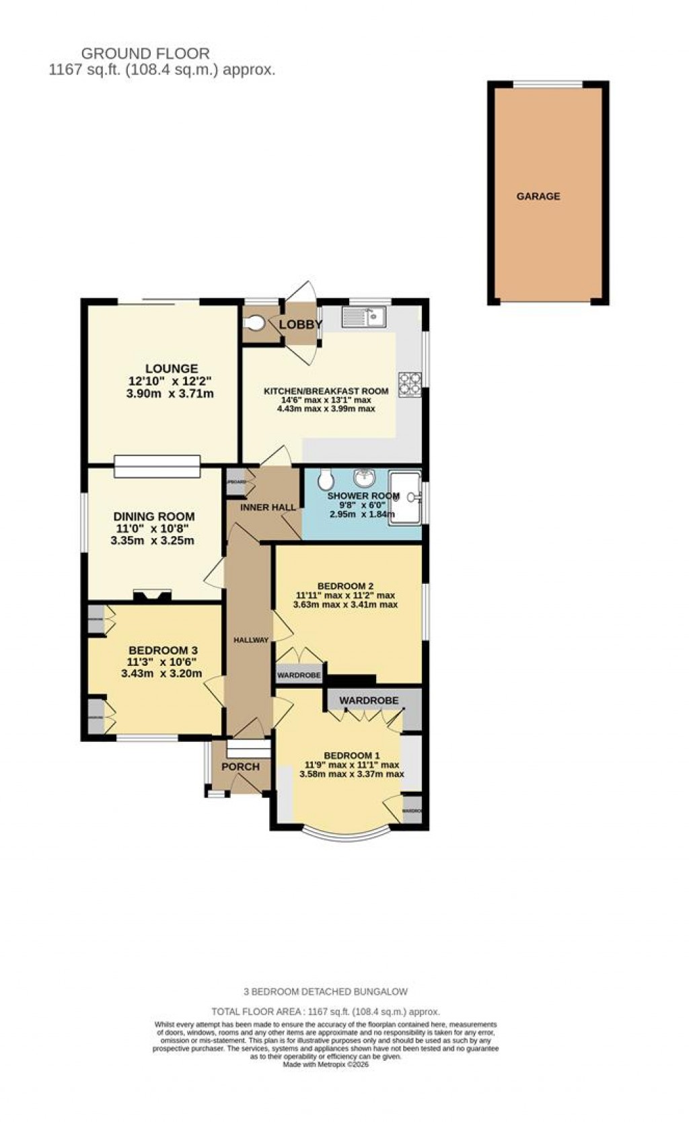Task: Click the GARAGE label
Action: (538, 196)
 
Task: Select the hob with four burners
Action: (410, 384)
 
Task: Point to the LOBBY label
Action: (301, 325)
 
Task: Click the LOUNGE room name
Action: (172, 369)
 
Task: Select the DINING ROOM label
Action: (154, 517)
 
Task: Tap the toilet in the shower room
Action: (326, 480)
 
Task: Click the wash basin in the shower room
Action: (365, 478)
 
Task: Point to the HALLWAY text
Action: (251, 640)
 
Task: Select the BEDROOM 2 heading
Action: (345, 586)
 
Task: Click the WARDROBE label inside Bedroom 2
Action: (299, 675)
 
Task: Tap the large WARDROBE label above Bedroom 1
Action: (369, 700)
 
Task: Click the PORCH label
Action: (240, 767)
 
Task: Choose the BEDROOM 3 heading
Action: (163, 650)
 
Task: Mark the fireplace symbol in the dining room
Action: (152, 595)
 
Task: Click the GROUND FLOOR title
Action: (145, 53)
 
